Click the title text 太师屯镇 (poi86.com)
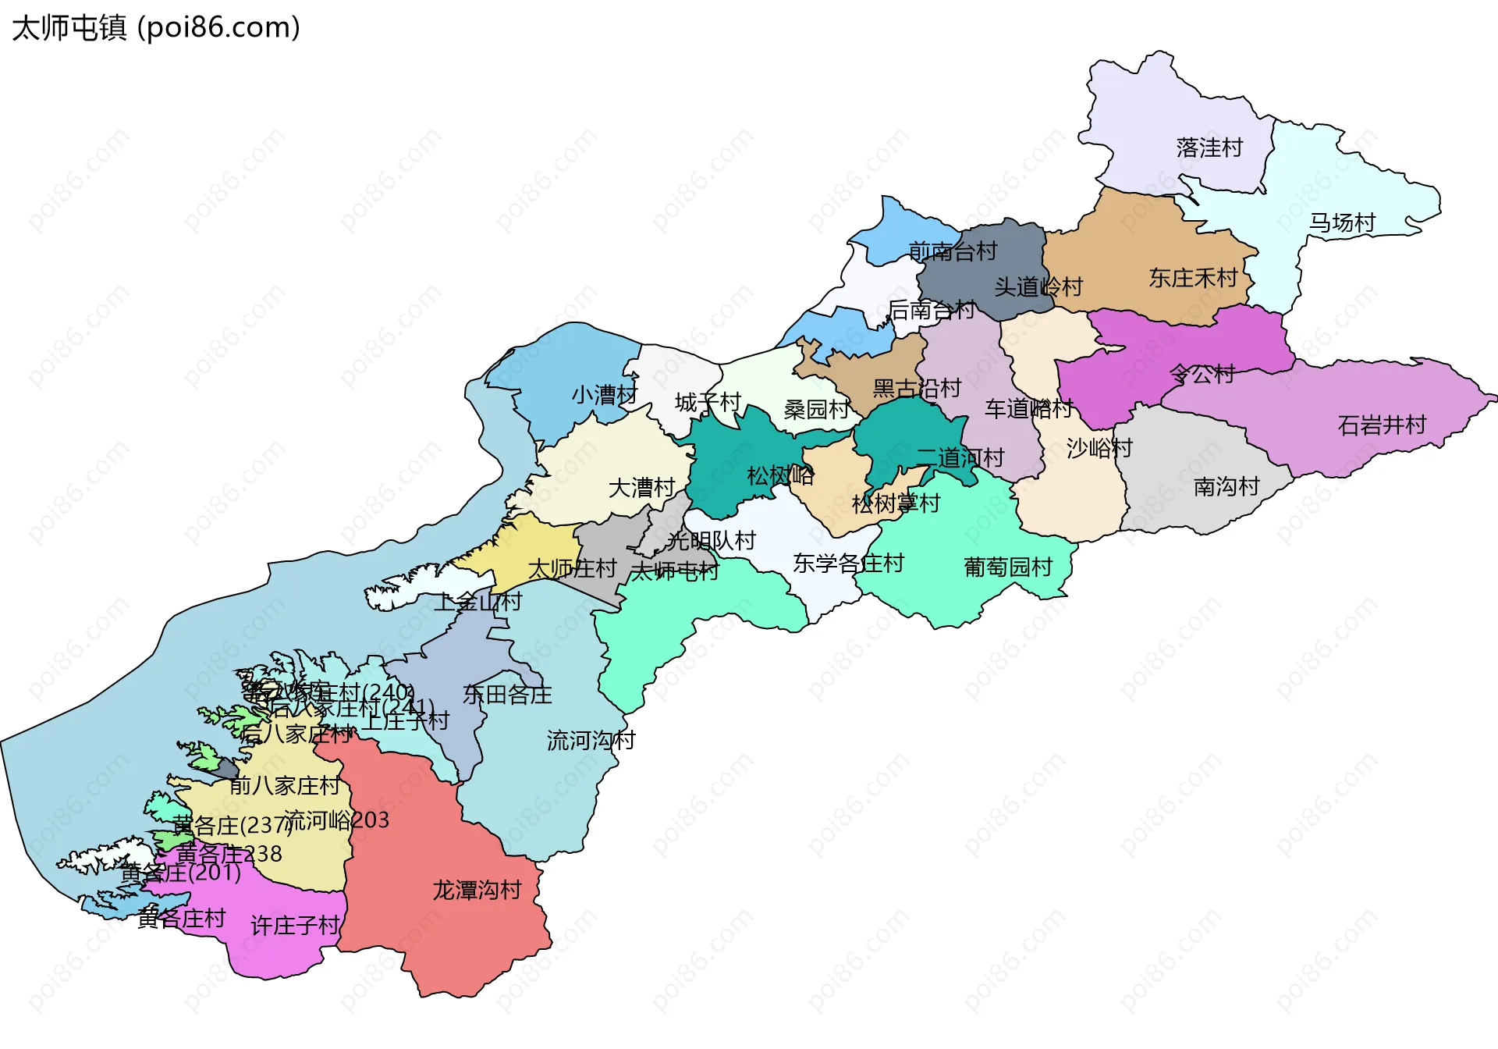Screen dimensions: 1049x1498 pyautogui.click(x=156, y=28)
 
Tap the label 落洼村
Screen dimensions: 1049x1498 pyautogui.click(x=1209, y=148)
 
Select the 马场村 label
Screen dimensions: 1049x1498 pyautogui.click(x=1342, y=223)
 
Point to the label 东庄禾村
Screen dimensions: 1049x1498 pyautogui.click(x=1193, y=278)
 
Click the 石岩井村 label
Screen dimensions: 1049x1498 pyautogui.click(x=1382, y=425)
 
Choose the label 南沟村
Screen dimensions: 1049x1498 pyautogui.click(x=1226, y=487)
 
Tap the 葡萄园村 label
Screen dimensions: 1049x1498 pyautogui.click(x=1008, y=567)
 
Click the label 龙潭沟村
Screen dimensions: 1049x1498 pyautogui.click(x=477, y=890)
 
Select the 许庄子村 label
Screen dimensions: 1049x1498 pyautogui.click(x=295, y=926)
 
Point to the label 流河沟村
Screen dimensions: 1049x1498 pyautogui.click(x=591, y=740)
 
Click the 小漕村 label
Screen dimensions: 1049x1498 pyautogui.click(x=605, y=395)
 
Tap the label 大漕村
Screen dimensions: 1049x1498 pyautogui.click(x=641, y=488)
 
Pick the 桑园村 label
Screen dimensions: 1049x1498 pyautogui.click(x=816, y=409)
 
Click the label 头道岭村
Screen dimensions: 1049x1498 pyautogui.click(x=1038, y=287)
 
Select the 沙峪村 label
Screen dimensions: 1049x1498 pyautogui.click(x=1099, y=448)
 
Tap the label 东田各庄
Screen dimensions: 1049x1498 pyautogui.click(x=507, y=695)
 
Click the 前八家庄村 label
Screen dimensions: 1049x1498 pyautogui.click(x=285, y=785)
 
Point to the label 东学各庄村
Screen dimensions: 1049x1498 pyautogui.click(x=848, y=563)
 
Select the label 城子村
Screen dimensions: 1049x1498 pyautogui.click(x=708, y=403)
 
